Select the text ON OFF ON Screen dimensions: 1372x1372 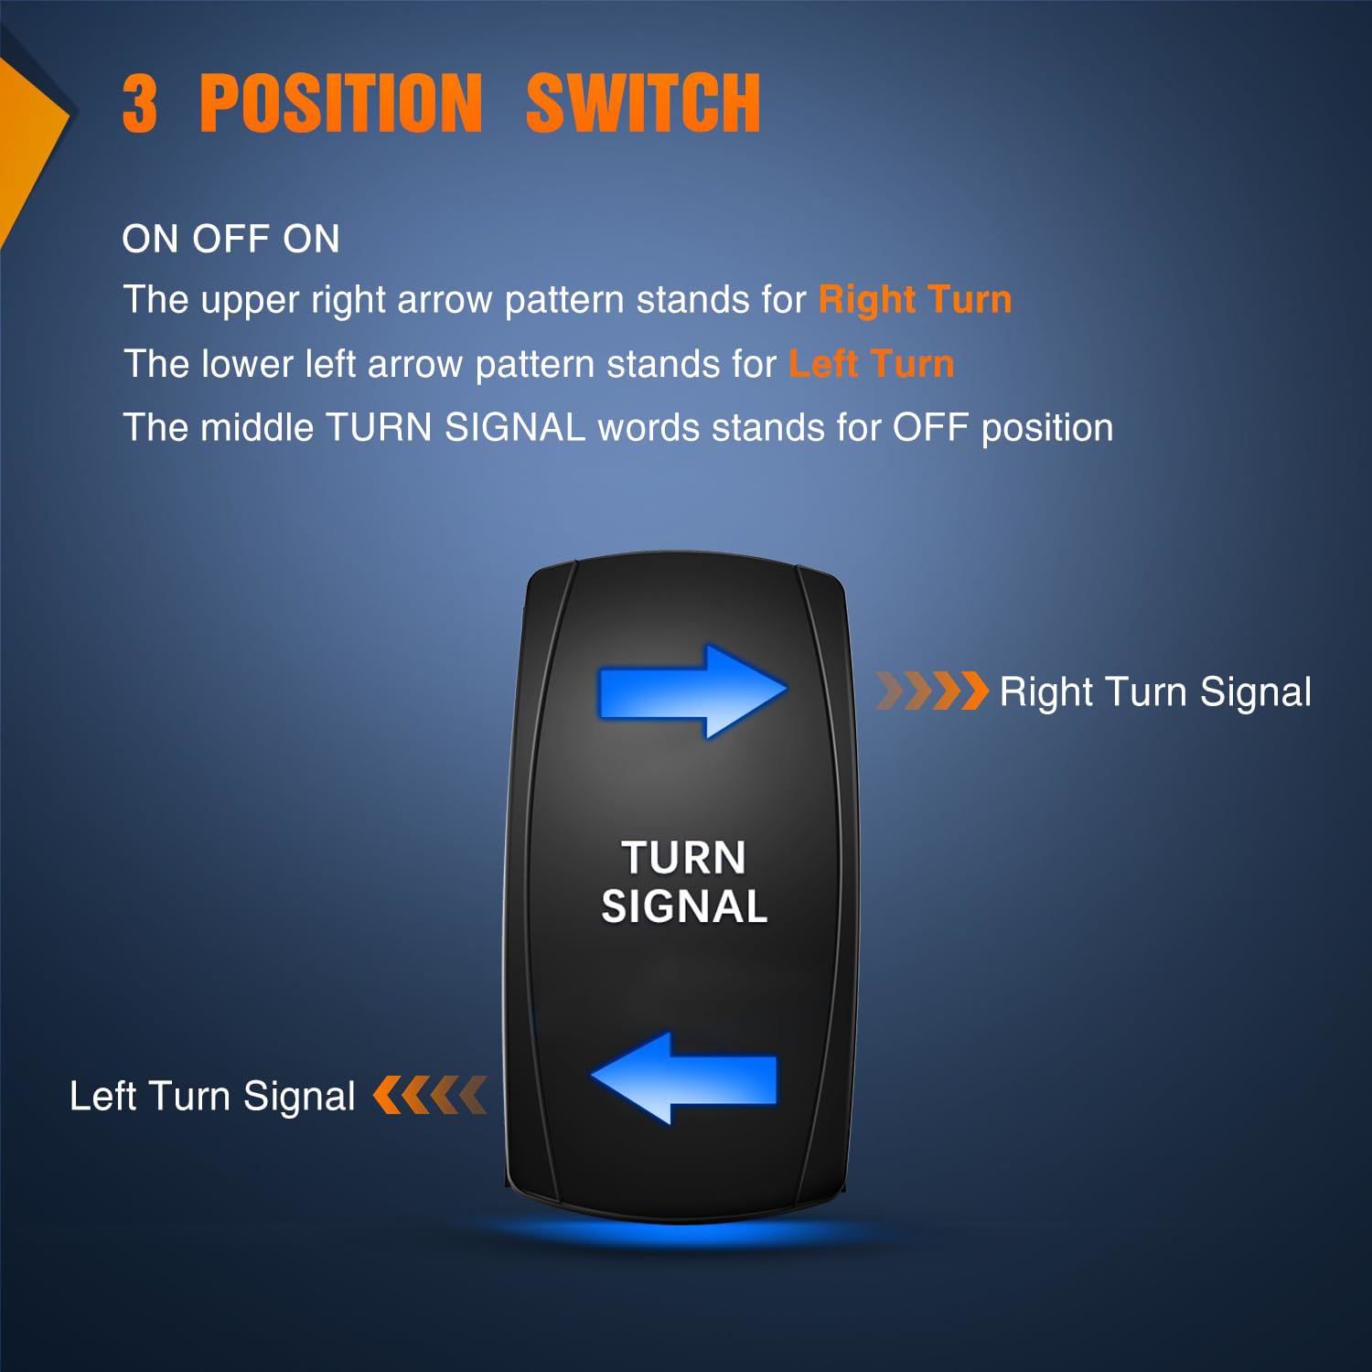pyautogui.click(x=230, y=240)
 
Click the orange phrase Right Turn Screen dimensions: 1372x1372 pyautogui.click(x=915, y=300)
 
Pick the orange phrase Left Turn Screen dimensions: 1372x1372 pyautogui.click(x=872, y=364)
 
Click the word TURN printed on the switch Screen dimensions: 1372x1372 pyautogui.click(x=684, y=858)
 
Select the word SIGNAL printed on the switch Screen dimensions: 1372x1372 pyautogui.click(x=684, y=907)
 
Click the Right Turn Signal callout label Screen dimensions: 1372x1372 pyautogui.click(x=1155, y=692)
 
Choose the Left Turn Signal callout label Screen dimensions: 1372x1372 pyautogui.click(x=212, y=1096)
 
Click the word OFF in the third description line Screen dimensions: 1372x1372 pyautogui.click(x=930, y=428)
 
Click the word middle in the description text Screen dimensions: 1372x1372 pyautogui.click(x=257, y=428)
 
